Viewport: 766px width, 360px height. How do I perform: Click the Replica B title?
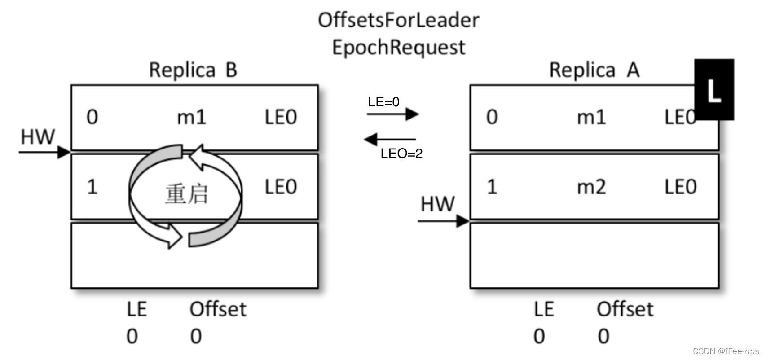point(193,70)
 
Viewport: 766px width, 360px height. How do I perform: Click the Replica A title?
point(594,70)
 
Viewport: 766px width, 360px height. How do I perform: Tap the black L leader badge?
point(714,90)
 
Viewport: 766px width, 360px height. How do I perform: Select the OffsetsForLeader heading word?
point(398,21)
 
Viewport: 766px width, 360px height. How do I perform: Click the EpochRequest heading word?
point(398,48)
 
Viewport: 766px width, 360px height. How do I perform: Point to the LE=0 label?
point(383,102)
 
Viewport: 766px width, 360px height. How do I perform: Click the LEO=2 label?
point(401,154)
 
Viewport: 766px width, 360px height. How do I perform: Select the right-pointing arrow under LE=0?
point(392,114)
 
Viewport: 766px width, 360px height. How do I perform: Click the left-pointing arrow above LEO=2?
point(390,139)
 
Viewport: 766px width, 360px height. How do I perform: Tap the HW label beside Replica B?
point(38,137)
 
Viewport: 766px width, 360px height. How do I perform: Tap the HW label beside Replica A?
point(437,204)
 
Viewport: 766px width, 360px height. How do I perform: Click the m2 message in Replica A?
point(591,187)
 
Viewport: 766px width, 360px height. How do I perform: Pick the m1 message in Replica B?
point(191,118)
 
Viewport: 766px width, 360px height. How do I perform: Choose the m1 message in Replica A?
point(591,118)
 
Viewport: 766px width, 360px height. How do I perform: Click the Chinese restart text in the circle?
point(186,195)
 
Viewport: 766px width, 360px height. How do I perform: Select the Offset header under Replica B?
point(218,309)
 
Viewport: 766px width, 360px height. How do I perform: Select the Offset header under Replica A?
point(625,309)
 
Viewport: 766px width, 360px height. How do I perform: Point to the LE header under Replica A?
point(543,309)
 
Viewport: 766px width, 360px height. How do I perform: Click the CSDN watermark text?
point(726,351)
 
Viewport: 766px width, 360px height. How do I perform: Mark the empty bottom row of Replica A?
point(594,255)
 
